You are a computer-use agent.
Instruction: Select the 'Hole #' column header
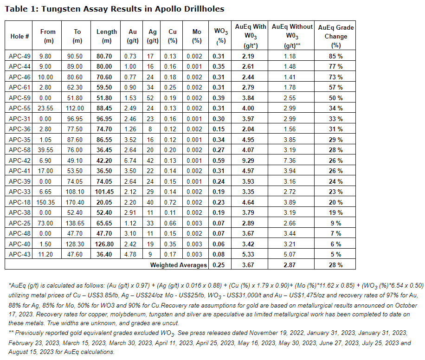click(20, 36)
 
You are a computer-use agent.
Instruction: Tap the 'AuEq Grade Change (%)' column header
click(336, 36)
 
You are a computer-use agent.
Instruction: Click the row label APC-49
click(20, 56)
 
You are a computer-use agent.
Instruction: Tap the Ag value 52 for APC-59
click(150, 98)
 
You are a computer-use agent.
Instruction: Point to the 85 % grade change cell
click(336, 56)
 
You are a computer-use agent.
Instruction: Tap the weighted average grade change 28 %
click(336, 265)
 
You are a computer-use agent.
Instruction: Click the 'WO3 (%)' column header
click(220, 36)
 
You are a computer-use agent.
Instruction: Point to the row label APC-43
click(20, 254)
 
